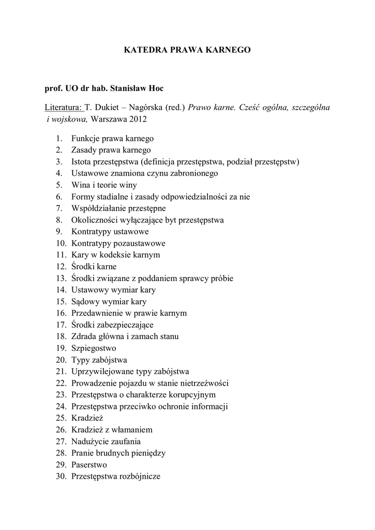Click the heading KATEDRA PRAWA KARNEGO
[x=187, y=50]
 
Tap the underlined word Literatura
[x=63, y=108]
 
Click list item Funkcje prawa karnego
[x=112, y=139]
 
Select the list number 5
[x=60, y=185]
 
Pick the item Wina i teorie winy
[x=104, y=185]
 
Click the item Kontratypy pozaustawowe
[x=118, y=243]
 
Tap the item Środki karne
[x=94, y=267]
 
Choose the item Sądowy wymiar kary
[x=109, y=301]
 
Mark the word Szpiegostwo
[x=94, y=348]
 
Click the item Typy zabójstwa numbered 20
[x=99, y=360]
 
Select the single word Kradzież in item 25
[x=86, y=418]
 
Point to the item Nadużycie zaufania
[x=106, y=441]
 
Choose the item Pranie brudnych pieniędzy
[x=118, y=453]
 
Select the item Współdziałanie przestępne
[x=118, y=208]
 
